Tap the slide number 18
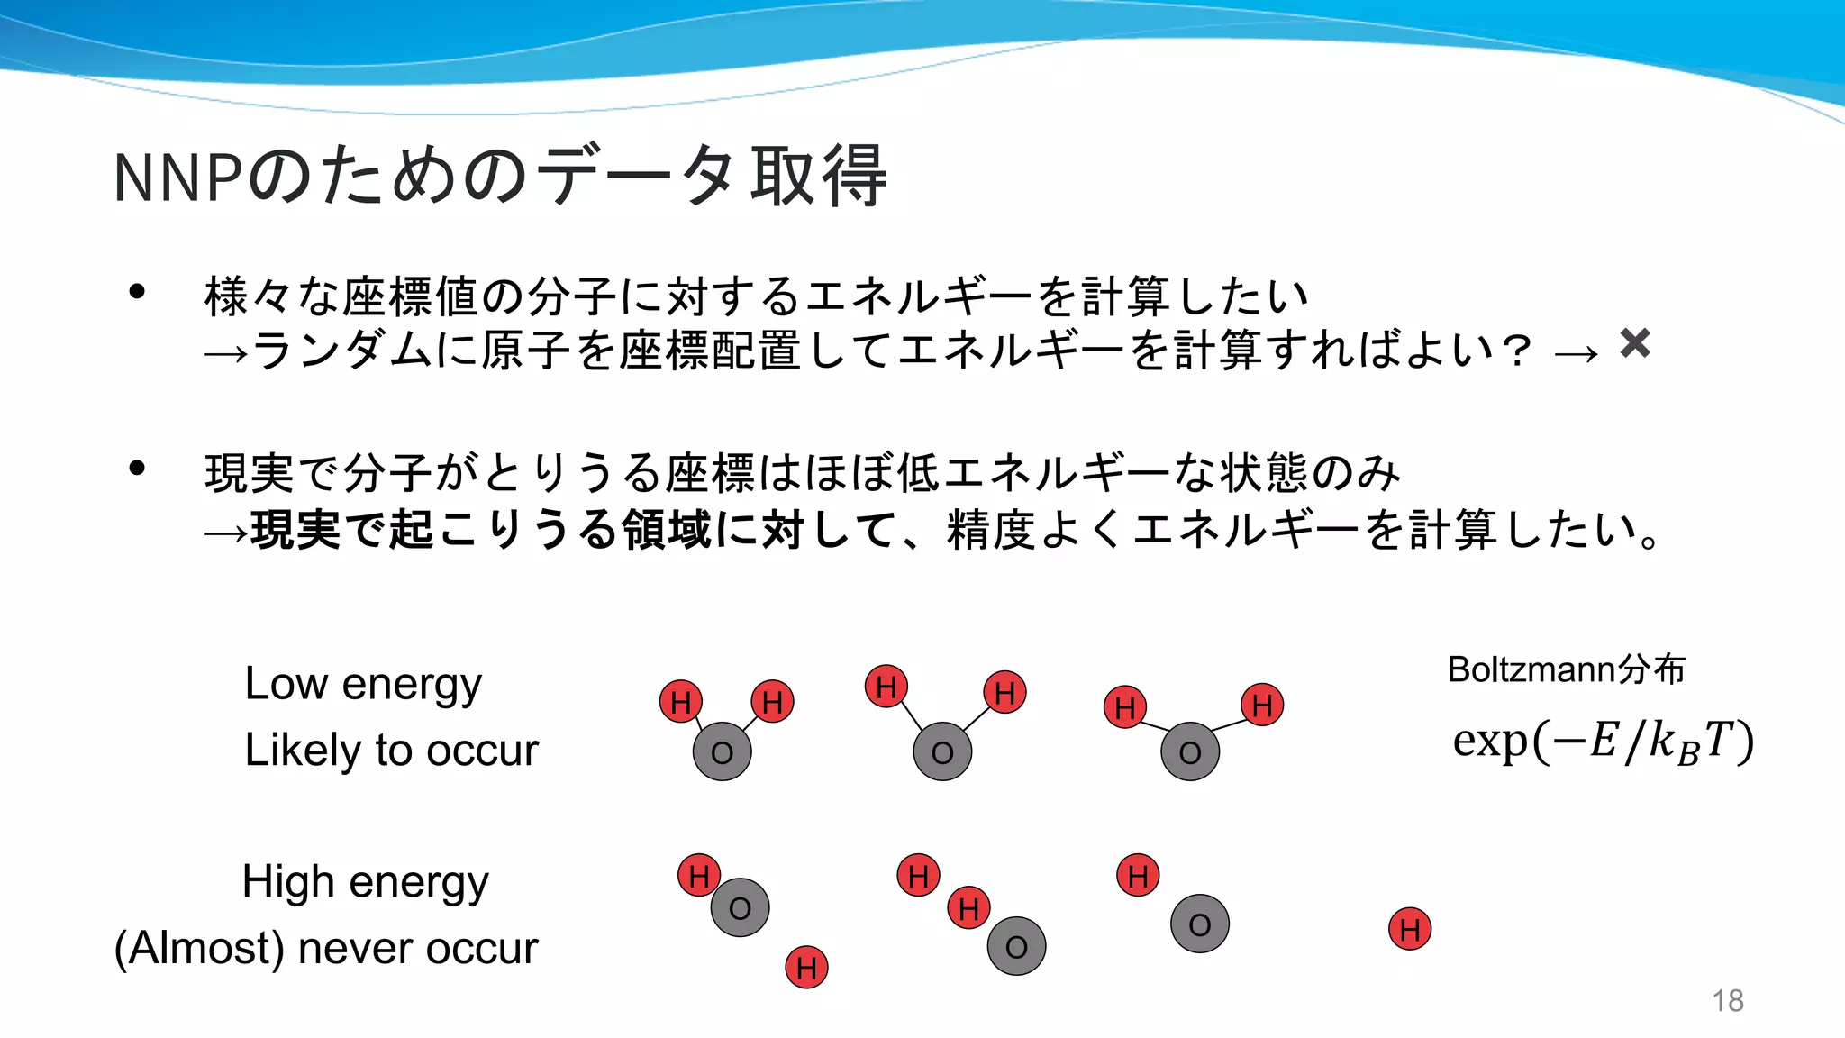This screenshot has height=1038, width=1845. (x=1727, y=1000)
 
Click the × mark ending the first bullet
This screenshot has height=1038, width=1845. (x=1634, y=343)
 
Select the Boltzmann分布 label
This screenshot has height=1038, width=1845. (x=1566, y=669)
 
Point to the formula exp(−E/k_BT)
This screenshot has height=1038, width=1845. (x=1603, y=742)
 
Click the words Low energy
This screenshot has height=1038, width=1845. (x=363, y=684)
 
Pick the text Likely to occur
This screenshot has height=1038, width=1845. (x=391, y=750)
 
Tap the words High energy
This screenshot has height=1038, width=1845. (x=365, y=882)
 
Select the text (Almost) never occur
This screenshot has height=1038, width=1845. (x=326, y=948)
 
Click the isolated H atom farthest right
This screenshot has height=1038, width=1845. (x=1410, y=929)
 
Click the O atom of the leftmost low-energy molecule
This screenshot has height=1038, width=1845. (x=722, y=751)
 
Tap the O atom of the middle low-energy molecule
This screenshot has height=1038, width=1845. (x=942, y=751)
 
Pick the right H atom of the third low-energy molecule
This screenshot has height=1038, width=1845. (x=1262, y=705)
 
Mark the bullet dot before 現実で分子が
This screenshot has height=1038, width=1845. (x=137, y=468)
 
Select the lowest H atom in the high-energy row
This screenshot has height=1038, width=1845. (x=806, y=967)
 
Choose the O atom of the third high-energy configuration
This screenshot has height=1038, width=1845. (x=1199, y=924)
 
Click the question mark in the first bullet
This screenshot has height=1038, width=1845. (x=1517, y=350)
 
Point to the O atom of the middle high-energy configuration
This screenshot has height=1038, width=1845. (x=1016, y=946)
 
